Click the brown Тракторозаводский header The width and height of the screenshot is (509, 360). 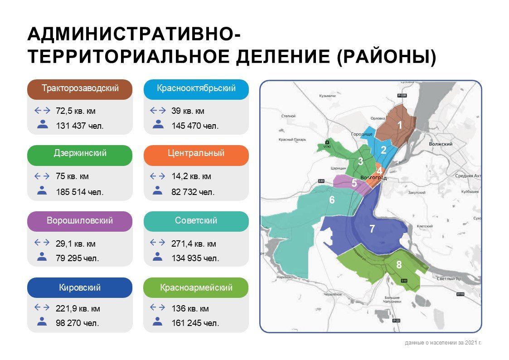80,89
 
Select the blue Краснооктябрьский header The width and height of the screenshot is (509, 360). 196,89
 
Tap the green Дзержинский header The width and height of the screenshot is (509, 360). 80,154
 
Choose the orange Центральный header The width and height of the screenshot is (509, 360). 196,154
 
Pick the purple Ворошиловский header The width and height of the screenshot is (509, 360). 80,221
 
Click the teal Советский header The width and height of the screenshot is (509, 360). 196,221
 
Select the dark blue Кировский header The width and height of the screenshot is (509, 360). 80,288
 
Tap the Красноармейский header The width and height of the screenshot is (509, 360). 196,288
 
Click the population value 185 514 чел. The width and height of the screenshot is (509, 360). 80,192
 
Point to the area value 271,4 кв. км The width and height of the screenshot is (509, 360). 194,244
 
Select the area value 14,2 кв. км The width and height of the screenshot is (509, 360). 191,177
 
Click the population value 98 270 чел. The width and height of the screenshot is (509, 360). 77,324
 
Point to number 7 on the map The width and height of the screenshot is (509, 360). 372,229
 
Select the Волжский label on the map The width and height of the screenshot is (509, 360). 441,144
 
